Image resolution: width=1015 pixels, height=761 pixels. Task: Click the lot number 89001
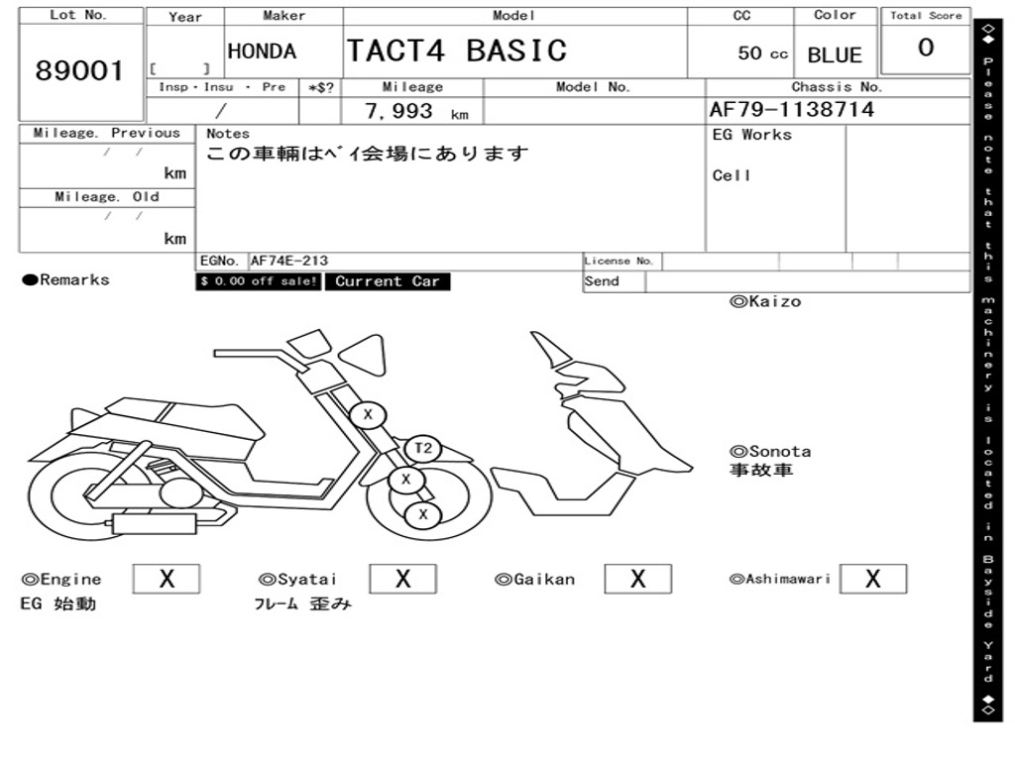[80, 71]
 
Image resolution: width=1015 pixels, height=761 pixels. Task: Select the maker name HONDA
[262, 52]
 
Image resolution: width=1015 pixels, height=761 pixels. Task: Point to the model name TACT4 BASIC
[456, 51]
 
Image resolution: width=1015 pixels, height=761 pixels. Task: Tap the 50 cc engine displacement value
[762, 54]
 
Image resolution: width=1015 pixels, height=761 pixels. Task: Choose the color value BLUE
[835, 55]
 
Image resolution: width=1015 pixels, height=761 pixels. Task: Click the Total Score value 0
[926, 49]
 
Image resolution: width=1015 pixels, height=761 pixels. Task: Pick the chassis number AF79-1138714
[792, 110]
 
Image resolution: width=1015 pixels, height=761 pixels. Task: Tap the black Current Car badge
[387, 281]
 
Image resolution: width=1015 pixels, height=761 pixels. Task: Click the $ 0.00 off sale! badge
[259, 281]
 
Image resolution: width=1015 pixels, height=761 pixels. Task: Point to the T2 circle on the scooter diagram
[423, 449]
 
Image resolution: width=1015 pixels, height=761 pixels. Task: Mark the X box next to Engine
[167, 579]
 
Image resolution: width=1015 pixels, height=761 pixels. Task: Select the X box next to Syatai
[402, 579]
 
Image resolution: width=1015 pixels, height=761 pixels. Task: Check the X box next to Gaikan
[637, 579]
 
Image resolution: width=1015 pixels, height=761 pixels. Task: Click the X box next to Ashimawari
[872, 579]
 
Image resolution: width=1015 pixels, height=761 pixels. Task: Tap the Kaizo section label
[765, 301]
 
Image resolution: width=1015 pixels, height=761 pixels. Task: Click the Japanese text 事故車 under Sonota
[761, 471]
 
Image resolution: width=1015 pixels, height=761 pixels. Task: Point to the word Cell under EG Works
[732, 175]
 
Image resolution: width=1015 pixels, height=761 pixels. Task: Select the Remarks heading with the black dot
[66, 280]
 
